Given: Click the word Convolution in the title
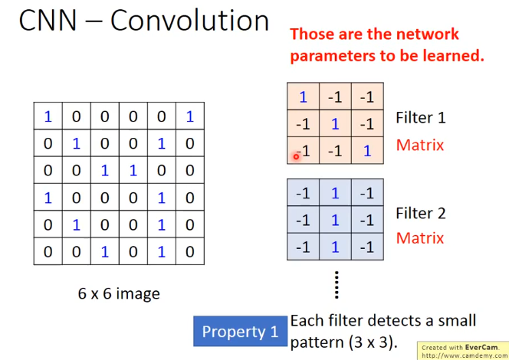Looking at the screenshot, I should (x=189, y=21).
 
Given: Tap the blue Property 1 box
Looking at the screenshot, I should (x=240, y=332).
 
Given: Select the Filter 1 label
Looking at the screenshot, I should (x=420, y=118).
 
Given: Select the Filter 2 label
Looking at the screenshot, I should (x=420, y=213).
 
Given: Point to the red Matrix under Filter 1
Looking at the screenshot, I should (x=420, y=144).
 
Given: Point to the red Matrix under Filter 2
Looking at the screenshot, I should (x=420, y=238).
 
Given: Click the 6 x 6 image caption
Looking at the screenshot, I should (x=119, y=293).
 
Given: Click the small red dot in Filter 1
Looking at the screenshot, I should (x=296, y=155).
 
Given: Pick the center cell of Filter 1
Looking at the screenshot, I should (x=335, y=124).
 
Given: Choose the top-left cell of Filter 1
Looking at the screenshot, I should (x=303, y=97).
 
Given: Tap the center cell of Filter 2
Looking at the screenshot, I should (x=335, y=220).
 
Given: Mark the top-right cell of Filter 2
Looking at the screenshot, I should (x=367, y=193).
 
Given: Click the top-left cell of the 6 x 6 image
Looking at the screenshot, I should (x=48, y=116).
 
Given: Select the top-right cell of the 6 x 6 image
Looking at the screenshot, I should (x=189, y=116).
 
